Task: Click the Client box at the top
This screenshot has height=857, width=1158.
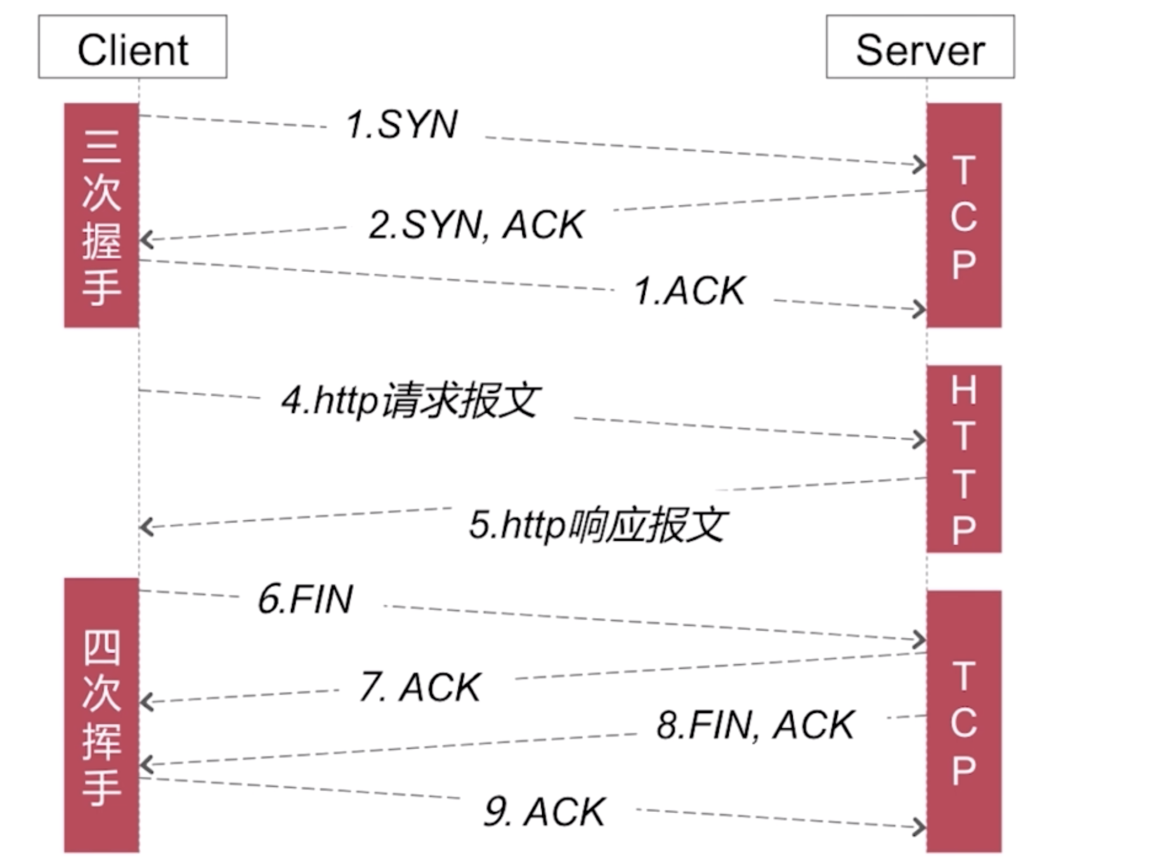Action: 133,48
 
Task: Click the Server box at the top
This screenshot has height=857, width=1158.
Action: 920,48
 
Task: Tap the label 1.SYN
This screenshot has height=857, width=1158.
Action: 402,124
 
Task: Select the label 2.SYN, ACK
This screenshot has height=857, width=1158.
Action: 476,225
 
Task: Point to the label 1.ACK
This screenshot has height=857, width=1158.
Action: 689,292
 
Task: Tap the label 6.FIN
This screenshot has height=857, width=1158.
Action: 305,599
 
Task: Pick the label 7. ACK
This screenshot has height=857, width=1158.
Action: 420,687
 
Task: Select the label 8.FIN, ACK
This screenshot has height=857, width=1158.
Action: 755,725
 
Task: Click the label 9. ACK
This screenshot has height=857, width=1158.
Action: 544,812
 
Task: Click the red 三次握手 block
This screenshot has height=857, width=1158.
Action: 101,216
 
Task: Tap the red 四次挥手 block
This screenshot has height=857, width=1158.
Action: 101,715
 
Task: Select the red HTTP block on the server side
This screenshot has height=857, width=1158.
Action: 963,459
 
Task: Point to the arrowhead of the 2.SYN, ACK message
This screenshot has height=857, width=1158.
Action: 146,240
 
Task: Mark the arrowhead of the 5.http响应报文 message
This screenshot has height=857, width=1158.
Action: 146,527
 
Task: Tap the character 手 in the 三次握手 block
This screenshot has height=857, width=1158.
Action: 101,288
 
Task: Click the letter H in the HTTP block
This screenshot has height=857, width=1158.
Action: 963,389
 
